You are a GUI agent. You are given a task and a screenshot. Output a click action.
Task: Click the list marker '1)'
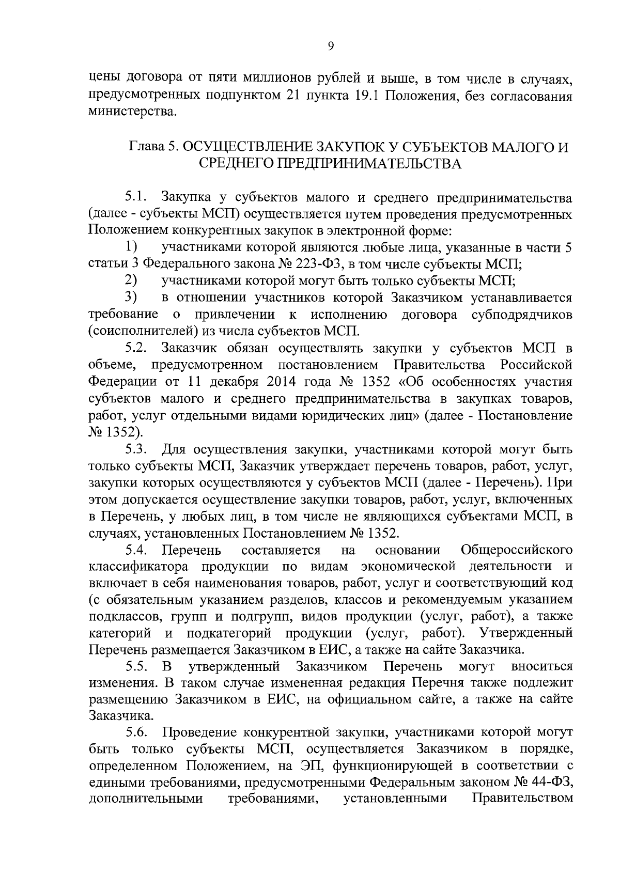click(x=131, y=247)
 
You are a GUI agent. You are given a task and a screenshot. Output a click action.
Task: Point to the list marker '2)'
click(x=131, y=281)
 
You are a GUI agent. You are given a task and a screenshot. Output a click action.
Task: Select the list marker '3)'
click(x=131, y=298)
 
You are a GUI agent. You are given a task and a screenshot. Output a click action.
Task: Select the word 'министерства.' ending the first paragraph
click(x=132, y=111)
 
